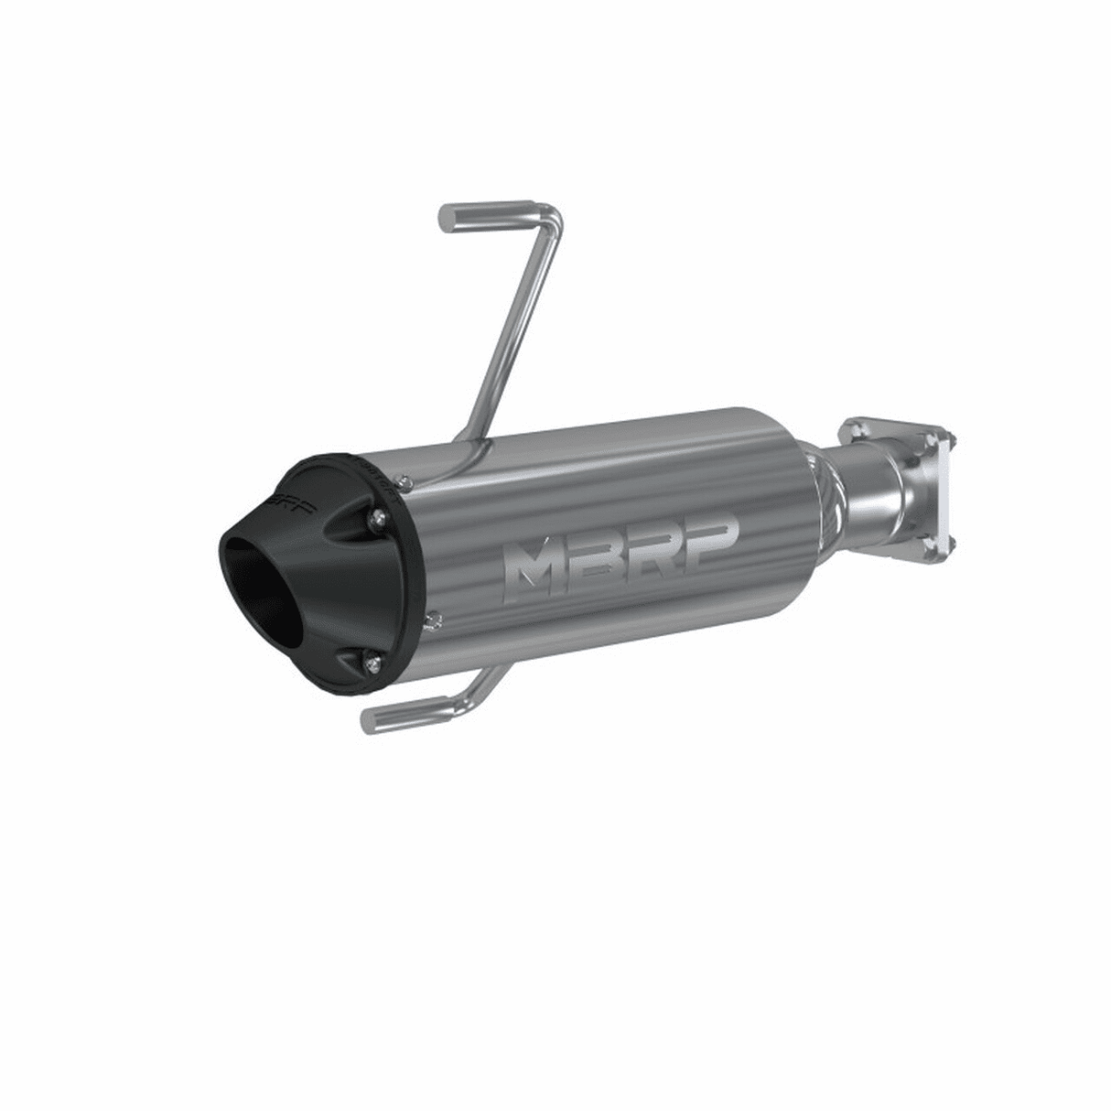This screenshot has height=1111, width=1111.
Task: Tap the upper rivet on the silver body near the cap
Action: point(401,478)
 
